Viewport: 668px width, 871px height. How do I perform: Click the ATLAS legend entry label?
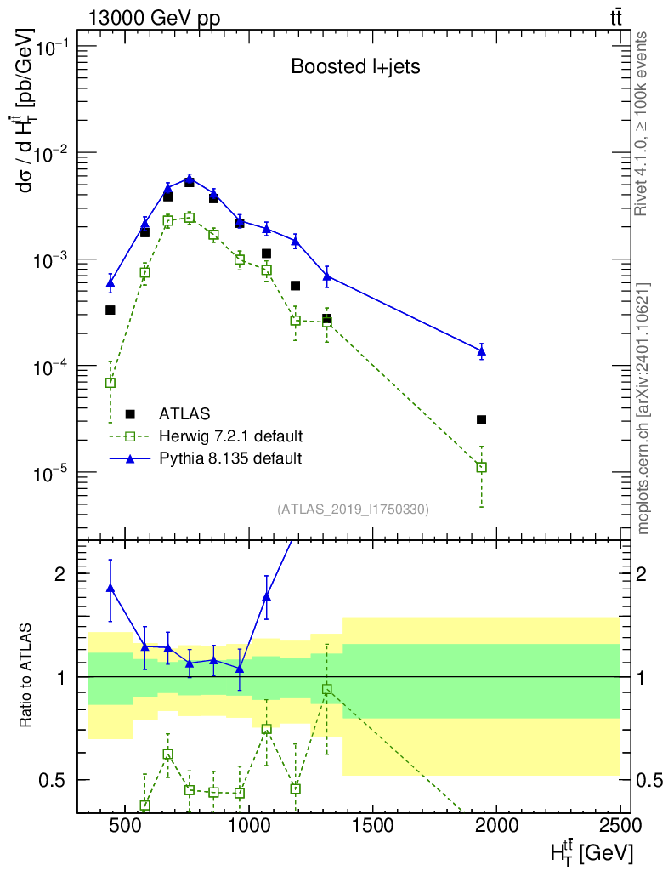click(184, 414)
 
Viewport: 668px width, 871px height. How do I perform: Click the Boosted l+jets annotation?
click(355, 66)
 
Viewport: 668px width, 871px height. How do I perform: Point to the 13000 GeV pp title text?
click(154, 19)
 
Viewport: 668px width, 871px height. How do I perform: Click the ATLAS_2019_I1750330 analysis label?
click(353, 510)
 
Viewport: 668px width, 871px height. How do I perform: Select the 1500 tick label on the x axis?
click(372, 825)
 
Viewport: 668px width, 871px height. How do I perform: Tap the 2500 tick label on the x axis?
click(620, 825)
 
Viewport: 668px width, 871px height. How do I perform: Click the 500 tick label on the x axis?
click(125, 825)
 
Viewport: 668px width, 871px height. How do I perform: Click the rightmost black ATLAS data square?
click(481, 420)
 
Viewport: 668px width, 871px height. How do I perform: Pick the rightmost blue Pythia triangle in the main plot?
click(482, 350)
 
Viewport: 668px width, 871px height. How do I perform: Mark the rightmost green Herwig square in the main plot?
click(482, 467)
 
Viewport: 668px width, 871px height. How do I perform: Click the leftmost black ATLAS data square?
click(110, 310)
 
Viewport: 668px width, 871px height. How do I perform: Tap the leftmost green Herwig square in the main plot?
click(110, 383)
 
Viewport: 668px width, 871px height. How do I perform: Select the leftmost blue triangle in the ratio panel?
click(110, 589)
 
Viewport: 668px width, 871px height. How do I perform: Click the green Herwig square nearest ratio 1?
click(327, 689)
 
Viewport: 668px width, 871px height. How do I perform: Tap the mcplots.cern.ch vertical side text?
click(643, 409)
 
